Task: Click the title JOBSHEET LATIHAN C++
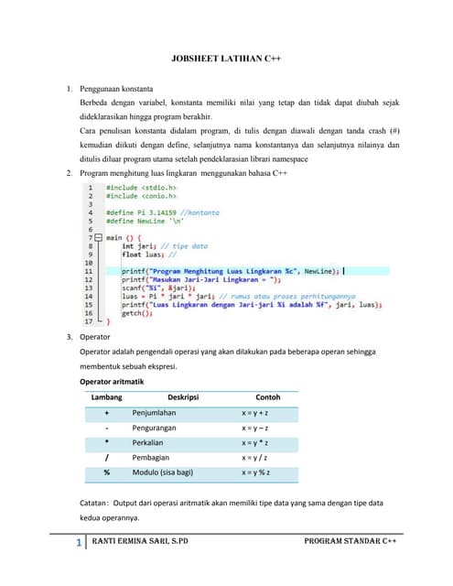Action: [x=226, y=57]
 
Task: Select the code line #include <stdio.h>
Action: [x=135, y=187]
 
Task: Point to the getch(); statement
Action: [x=136, y=313]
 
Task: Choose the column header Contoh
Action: [x=267, y=397]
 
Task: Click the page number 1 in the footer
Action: [x=80, y=543]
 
